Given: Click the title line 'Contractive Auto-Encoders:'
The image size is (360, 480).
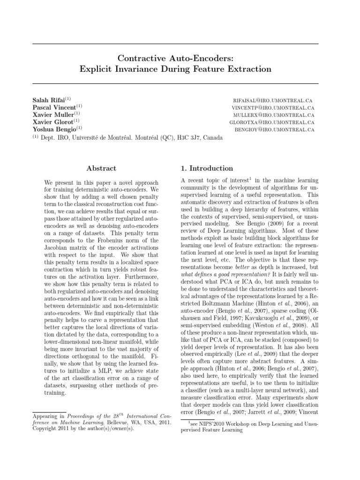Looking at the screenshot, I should click(175, 58).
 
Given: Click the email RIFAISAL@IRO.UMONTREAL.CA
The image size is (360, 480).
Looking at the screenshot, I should click(272, 101).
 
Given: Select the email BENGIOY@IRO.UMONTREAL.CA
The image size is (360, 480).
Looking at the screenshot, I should click(274, 129).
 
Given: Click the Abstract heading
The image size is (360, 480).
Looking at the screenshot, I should click(101, 168).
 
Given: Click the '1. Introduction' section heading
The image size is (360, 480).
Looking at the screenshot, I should click(207, 168).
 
